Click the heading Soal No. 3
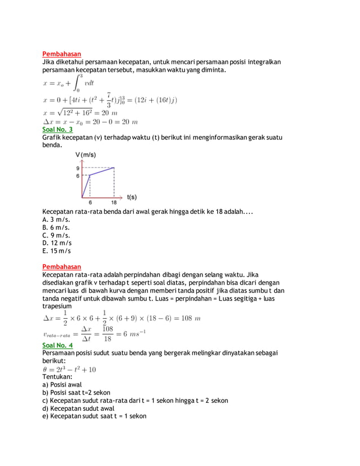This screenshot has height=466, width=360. [x=58, y=129]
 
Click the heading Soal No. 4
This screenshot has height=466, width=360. [x=58, y=345]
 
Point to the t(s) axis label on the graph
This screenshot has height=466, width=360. [x=131, y=197]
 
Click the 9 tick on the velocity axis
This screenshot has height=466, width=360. [x=78, y=168]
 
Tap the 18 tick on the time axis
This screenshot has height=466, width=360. [x=114, y=203]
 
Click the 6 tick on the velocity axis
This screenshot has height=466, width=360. [x=78, y=175]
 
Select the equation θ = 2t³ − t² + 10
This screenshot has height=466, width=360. [x=69, y=369]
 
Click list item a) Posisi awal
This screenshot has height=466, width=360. [x=62, y=384]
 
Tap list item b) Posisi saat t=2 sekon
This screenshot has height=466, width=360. [x=76, y=392]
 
